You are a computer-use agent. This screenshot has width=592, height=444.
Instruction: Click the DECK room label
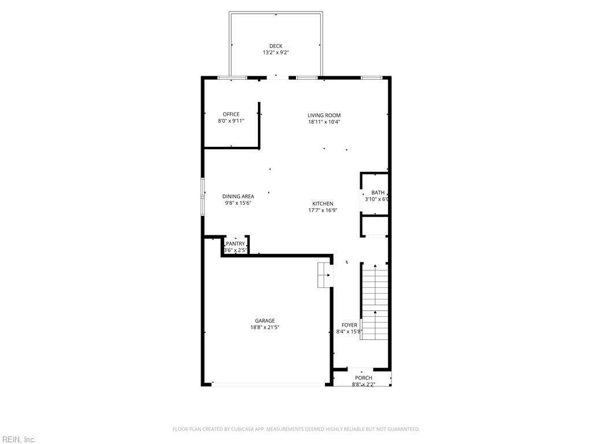276,46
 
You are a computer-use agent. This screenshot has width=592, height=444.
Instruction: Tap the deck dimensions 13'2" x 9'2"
276,53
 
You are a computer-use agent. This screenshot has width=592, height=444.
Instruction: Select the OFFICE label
231,114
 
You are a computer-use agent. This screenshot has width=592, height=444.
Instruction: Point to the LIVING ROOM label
324,116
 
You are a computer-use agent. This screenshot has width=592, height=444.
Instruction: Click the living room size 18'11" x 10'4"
324,122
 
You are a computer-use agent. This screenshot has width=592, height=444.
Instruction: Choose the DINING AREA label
238,197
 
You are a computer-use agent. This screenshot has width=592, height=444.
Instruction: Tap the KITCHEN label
323,204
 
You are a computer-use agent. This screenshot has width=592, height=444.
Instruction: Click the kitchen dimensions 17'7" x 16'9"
323,210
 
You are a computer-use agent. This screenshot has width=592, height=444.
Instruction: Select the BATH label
378,193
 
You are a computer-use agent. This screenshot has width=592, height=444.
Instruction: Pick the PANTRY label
235,244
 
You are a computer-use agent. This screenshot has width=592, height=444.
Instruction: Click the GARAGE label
265,321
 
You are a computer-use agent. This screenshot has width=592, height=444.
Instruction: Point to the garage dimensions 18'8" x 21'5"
265,327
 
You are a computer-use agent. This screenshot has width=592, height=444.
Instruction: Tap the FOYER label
349,325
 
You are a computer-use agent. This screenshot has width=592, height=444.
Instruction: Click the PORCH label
364,378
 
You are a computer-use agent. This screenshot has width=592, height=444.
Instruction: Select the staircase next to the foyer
375,301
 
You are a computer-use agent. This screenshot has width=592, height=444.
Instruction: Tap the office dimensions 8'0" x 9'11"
231,121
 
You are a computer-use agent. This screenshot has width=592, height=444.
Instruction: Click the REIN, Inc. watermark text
18,440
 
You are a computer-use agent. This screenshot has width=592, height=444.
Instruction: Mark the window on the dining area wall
202,197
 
